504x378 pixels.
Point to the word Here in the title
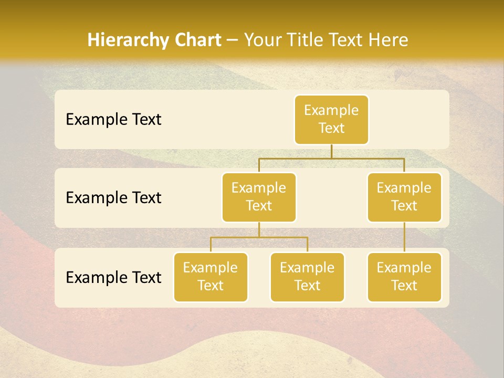coord(388,40)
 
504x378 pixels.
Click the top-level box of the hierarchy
coord(331,120)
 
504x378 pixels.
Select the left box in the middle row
coord(259,197)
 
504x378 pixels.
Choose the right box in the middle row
coord(404,197)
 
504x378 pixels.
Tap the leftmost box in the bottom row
coord(211,277)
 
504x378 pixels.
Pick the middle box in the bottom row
coord(307,277)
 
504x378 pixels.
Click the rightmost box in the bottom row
coord(404,277)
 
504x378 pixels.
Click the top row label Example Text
coord(113,120)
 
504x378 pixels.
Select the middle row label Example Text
coord(113,198)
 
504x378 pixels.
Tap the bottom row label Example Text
coord(113,277)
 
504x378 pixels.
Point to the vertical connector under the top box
coord(331,151)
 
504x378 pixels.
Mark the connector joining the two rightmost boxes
coord(404,237)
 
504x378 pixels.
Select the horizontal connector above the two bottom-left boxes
coord(259,237)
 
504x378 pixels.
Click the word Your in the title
coord(261,40)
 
